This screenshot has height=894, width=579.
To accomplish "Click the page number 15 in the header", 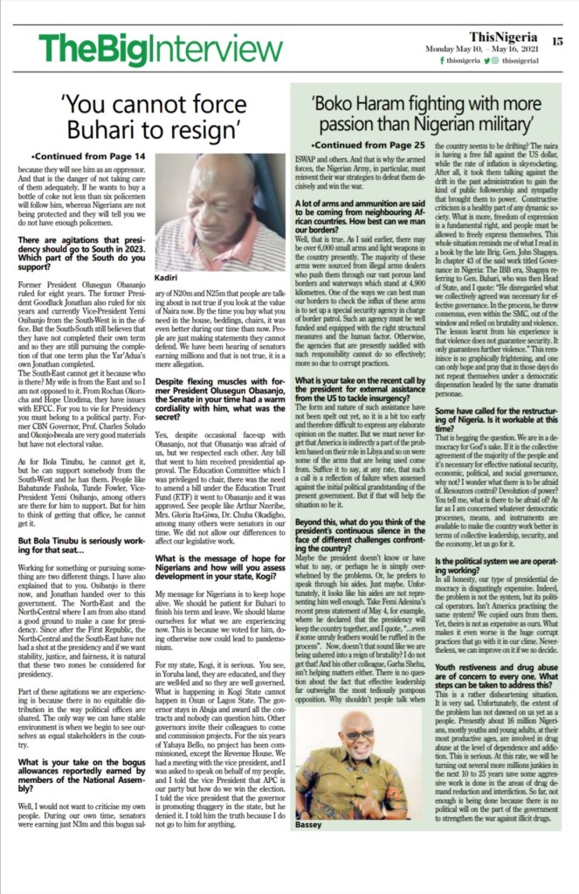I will pos(557,41).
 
